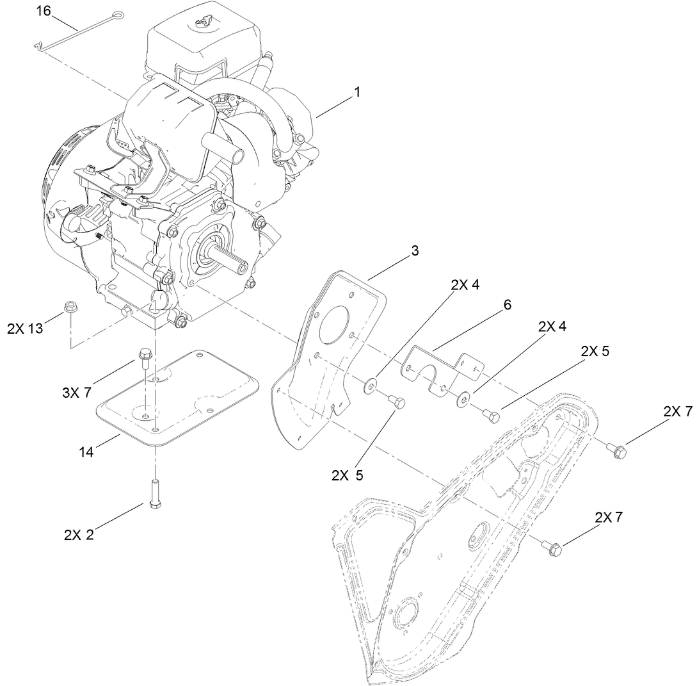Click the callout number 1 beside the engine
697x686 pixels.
[x=357, y=92]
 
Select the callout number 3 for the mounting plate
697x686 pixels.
[x=415, y=251]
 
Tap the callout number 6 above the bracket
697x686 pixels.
[x=507, y=305]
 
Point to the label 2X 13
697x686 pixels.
[x=26, y=329]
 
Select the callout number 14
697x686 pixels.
[x=86, y=453]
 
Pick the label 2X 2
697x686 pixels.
[x=79, y=535]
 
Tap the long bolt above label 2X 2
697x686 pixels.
[x=154, y=493]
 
